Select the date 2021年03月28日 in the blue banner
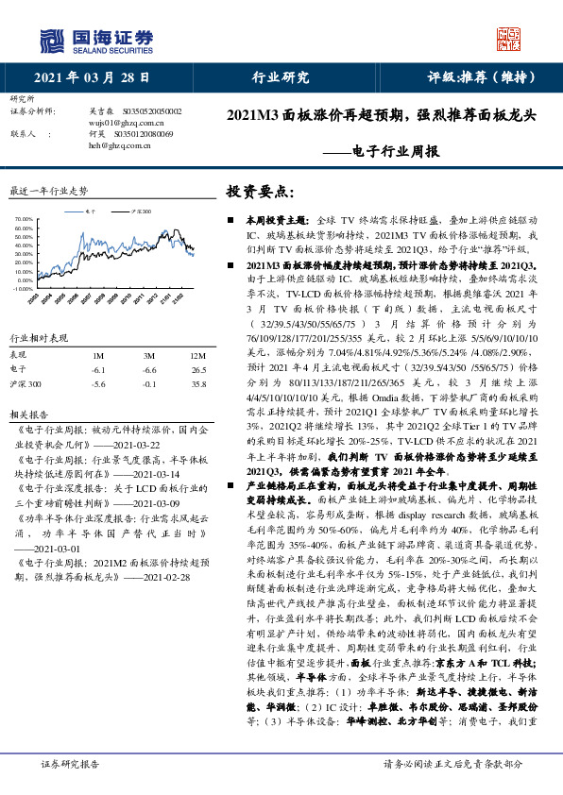coord(86,77)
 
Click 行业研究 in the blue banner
coord(281,77)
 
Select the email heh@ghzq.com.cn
coord(119,146)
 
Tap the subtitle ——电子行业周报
coord(387,150)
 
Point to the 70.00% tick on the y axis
coord(25,219)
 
